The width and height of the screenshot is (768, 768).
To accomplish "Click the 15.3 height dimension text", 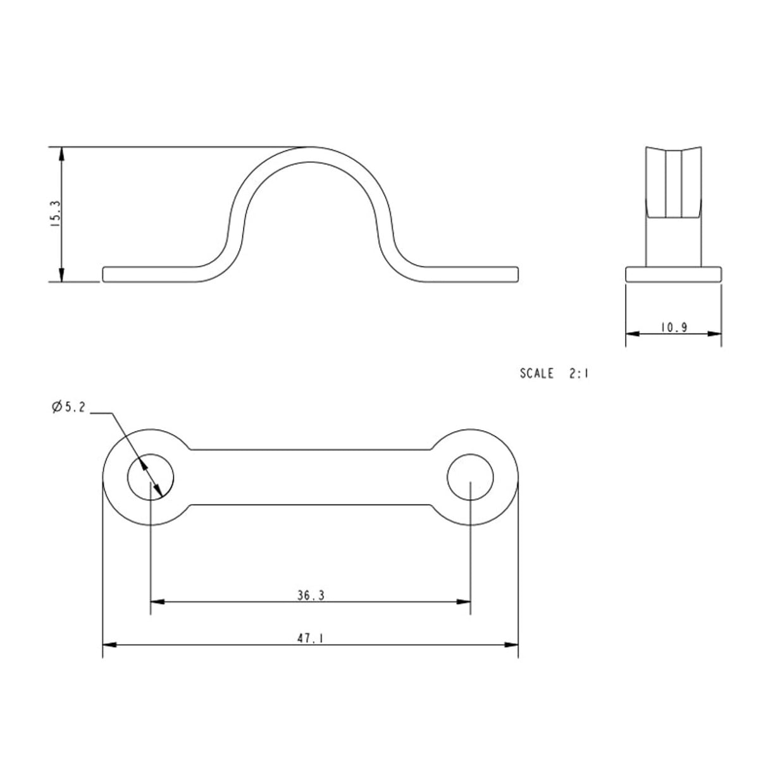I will [x=55, y=214].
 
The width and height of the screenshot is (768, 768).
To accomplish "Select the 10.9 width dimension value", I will [x=673, y=327].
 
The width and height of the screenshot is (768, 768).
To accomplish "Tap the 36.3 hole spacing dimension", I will [x=310, y=595].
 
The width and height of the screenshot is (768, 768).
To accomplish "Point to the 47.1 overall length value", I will [x=310, y=639].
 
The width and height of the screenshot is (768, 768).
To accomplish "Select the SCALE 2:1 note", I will [x=554, y=373].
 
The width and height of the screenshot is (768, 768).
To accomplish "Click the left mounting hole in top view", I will [x=151, y=476].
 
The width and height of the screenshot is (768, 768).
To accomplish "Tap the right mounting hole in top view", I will [x=471, y=476].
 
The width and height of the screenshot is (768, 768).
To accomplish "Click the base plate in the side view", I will [x=673, y=274].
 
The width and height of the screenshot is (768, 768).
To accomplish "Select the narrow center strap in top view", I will [x=310, y=476].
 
